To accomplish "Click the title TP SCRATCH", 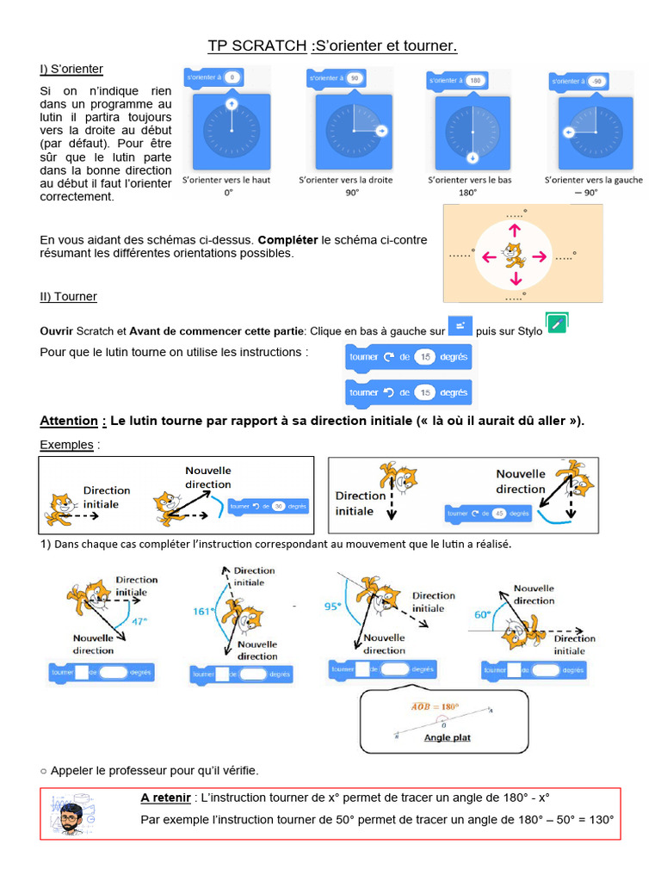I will [256, 46].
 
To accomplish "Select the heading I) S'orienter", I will [71, 68].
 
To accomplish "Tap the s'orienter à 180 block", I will [457, 81].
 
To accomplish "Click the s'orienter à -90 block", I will [579, 81].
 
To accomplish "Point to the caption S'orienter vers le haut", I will [227, 180].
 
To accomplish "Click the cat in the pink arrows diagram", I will [514, 255].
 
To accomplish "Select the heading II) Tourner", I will [69, 296].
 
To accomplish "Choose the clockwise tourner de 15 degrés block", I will [408, 357].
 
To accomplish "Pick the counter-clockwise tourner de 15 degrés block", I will [408, 392].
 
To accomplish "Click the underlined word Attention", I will [69, 421].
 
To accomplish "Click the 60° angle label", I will [482, 614].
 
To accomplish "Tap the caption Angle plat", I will [447, 737].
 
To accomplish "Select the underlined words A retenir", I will [165, 798].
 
